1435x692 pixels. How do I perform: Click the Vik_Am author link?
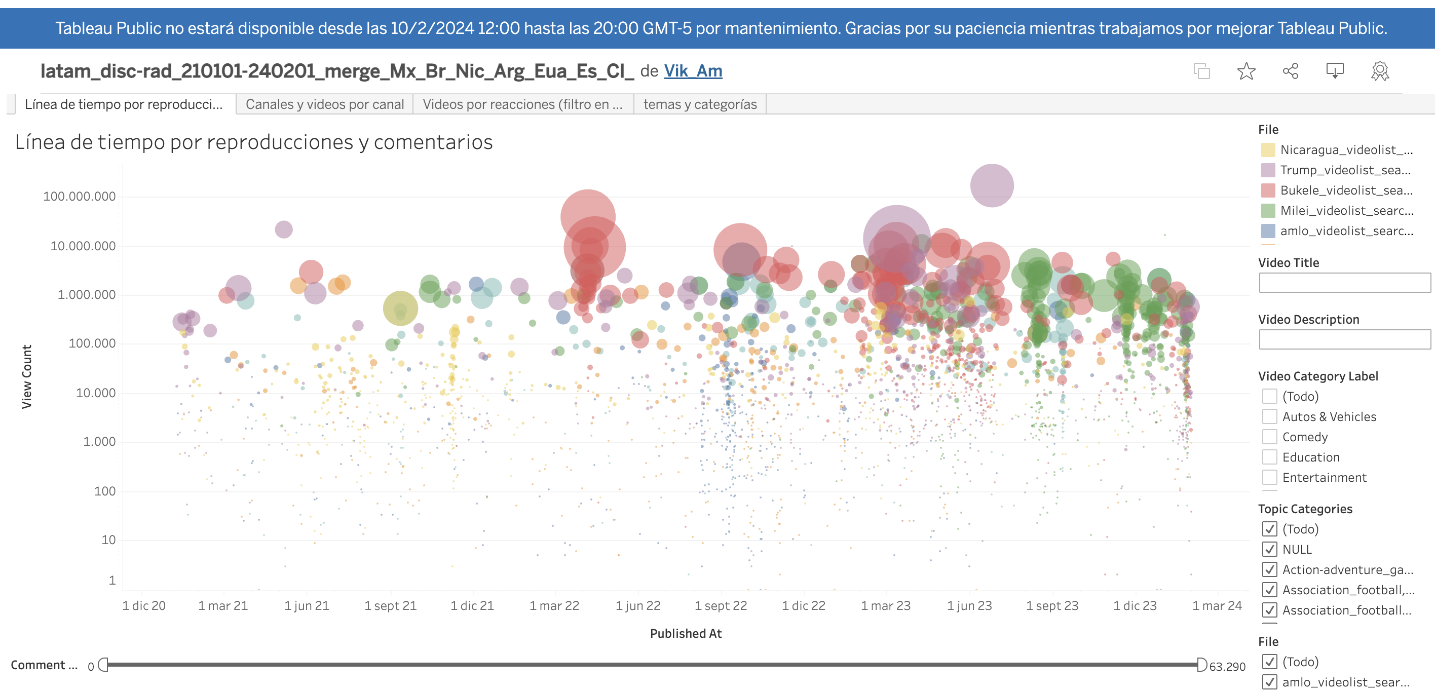tap(693, 71)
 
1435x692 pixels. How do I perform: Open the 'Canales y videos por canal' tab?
tap(324, 104)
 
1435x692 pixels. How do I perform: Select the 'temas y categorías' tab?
tap(700, 104)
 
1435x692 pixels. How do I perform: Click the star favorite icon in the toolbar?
tap(1245, 71)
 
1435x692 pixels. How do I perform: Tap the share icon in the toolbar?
tap(1290, 71)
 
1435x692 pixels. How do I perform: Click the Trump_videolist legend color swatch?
tap(1267, 170)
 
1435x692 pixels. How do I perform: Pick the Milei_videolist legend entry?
tap(1346, 210)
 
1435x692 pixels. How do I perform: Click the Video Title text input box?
tap(1344, 283)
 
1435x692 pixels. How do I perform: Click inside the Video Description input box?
tap(1344, 339)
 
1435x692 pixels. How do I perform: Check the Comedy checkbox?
tap(1269, 437)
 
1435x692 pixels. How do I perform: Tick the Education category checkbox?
tap(1269, 457)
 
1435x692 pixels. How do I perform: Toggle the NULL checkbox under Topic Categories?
tap(1269, 550)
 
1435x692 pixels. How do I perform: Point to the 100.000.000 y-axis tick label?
tap(79, 197)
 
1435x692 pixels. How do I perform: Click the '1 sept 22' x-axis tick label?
tap(720, 606)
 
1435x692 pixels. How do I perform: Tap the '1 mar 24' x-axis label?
tap(1217, 606)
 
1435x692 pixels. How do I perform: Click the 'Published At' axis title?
tap(685, 634)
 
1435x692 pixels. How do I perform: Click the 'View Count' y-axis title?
tap(26, 376)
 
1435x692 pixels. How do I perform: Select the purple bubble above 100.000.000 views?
tap(992, 185)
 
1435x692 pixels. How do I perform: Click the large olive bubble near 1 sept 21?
tap(400, 309)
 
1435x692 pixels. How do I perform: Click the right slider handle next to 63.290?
tap(1201, 665)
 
